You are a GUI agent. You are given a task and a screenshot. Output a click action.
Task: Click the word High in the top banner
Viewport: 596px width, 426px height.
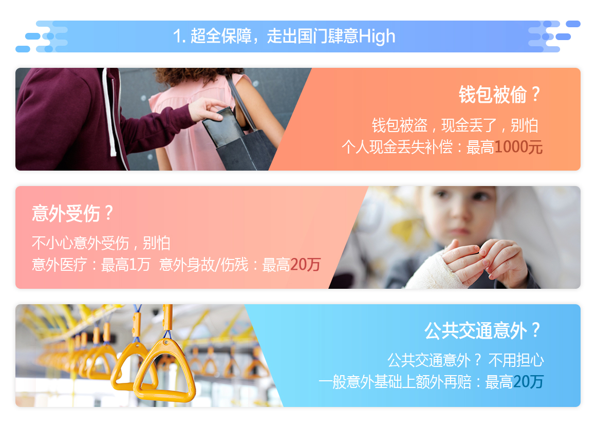coord(377,37)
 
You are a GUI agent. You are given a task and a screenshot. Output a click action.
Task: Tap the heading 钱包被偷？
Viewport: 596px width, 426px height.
coord(499,95)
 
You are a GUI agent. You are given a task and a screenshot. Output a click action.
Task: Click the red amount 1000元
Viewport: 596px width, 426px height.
coord(518,147)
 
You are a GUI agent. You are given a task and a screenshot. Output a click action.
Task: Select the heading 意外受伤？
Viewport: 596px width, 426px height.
coord(72,213)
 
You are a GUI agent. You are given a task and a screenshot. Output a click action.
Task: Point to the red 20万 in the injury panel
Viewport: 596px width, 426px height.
coord(305,265)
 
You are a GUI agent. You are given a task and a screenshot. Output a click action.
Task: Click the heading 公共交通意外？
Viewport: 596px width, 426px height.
coord(482,330)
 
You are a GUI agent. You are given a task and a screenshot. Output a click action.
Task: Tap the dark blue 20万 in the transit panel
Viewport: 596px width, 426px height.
coord(528,382)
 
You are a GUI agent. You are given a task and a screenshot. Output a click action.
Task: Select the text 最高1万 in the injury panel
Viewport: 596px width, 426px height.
coord(125,265)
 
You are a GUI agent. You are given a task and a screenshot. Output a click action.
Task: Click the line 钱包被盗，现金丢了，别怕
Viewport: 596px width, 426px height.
coord(455,125)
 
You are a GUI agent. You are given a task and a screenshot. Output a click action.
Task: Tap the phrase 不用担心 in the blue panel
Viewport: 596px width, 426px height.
coord(516,360)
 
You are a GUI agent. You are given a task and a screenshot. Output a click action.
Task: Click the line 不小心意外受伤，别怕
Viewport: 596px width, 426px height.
coord(101,243)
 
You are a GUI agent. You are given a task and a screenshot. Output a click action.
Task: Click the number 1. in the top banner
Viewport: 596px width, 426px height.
coord(179,37)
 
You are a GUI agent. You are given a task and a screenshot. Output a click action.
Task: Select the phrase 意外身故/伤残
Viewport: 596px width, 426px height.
coord(204,265)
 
